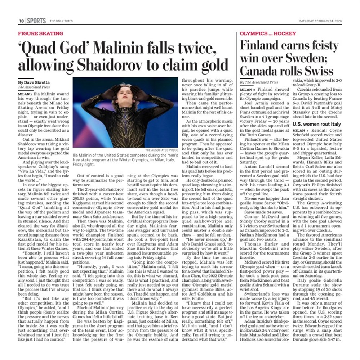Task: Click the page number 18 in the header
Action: (22, 21)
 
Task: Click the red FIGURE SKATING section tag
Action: (41, 33)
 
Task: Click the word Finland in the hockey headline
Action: (262, 46)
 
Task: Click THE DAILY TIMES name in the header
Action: (61, 21)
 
